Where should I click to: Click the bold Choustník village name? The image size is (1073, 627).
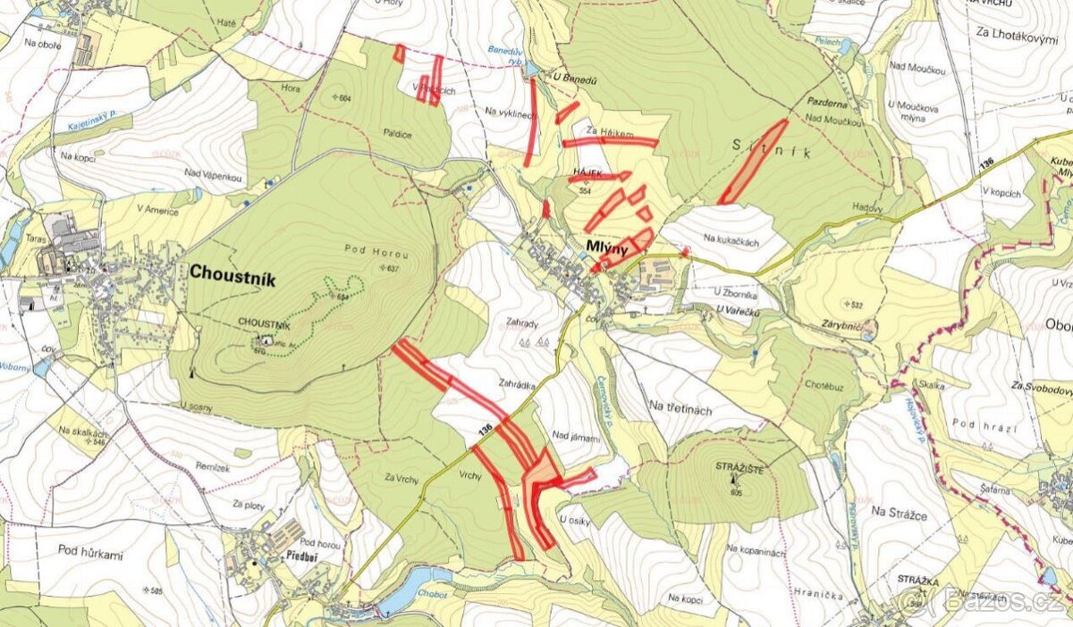(232, 277)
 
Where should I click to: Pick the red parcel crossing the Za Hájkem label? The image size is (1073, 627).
(610, 141)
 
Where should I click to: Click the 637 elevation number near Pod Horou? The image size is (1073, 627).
(391, 268)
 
